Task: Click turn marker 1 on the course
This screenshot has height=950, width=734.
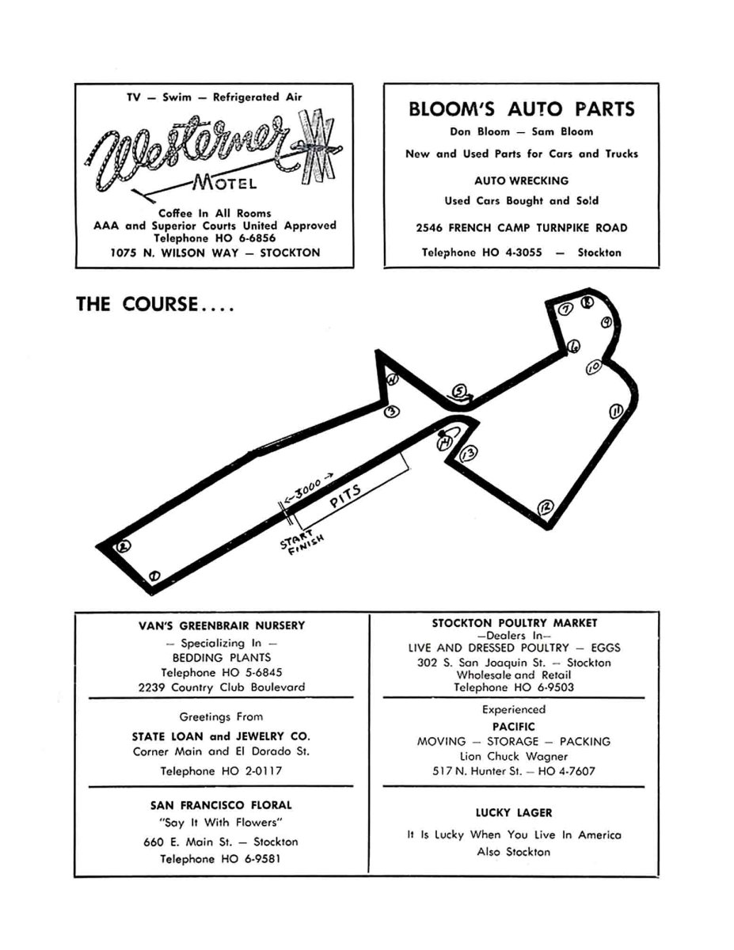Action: pos(154,575)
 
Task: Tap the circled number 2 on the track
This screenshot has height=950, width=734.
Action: pos(123,546)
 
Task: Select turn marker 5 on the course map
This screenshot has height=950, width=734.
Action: pos(460,391)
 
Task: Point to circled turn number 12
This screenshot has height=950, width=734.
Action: pos(545,507)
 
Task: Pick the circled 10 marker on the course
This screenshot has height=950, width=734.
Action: pos(594,367)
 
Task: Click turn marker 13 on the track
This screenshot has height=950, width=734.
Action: pos(468,453)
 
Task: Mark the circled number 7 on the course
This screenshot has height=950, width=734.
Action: pos(565,310)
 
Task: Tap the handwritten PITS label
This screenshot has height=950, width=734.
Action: pos(344,497)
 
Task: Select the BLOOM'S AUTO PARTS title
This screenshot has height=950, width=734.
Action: pos(521,109)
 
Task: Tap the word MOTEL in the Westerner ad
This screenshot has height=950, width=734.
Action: pos(225,184)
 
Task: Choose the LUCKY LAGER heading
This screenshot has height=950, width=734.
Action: pos(513,812)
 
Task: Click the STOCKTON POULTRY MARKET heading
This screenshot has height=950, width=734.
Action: pos(514,623)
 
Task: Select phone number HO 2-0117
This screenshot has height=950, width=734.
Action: pos(221,770)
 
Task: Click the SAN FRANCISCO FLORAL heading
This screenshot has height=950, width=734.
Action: pos(221,805)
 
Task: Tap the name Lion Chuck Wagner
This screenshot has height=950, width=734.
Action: pos(513,756)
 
